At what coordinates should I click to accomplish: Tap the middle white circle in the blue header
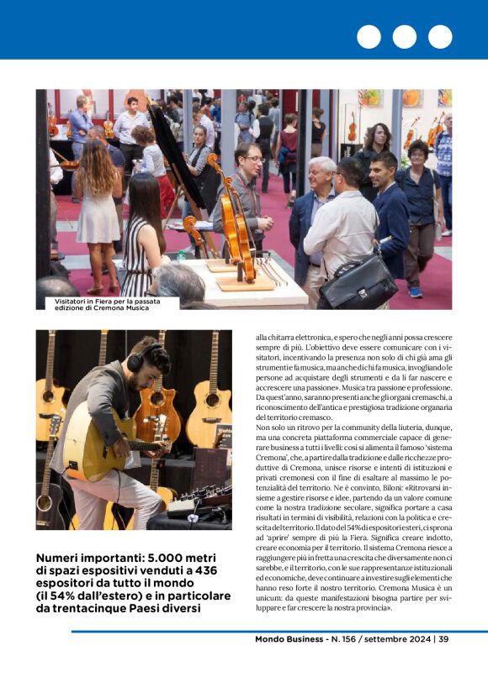click(x=404, y=37)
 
